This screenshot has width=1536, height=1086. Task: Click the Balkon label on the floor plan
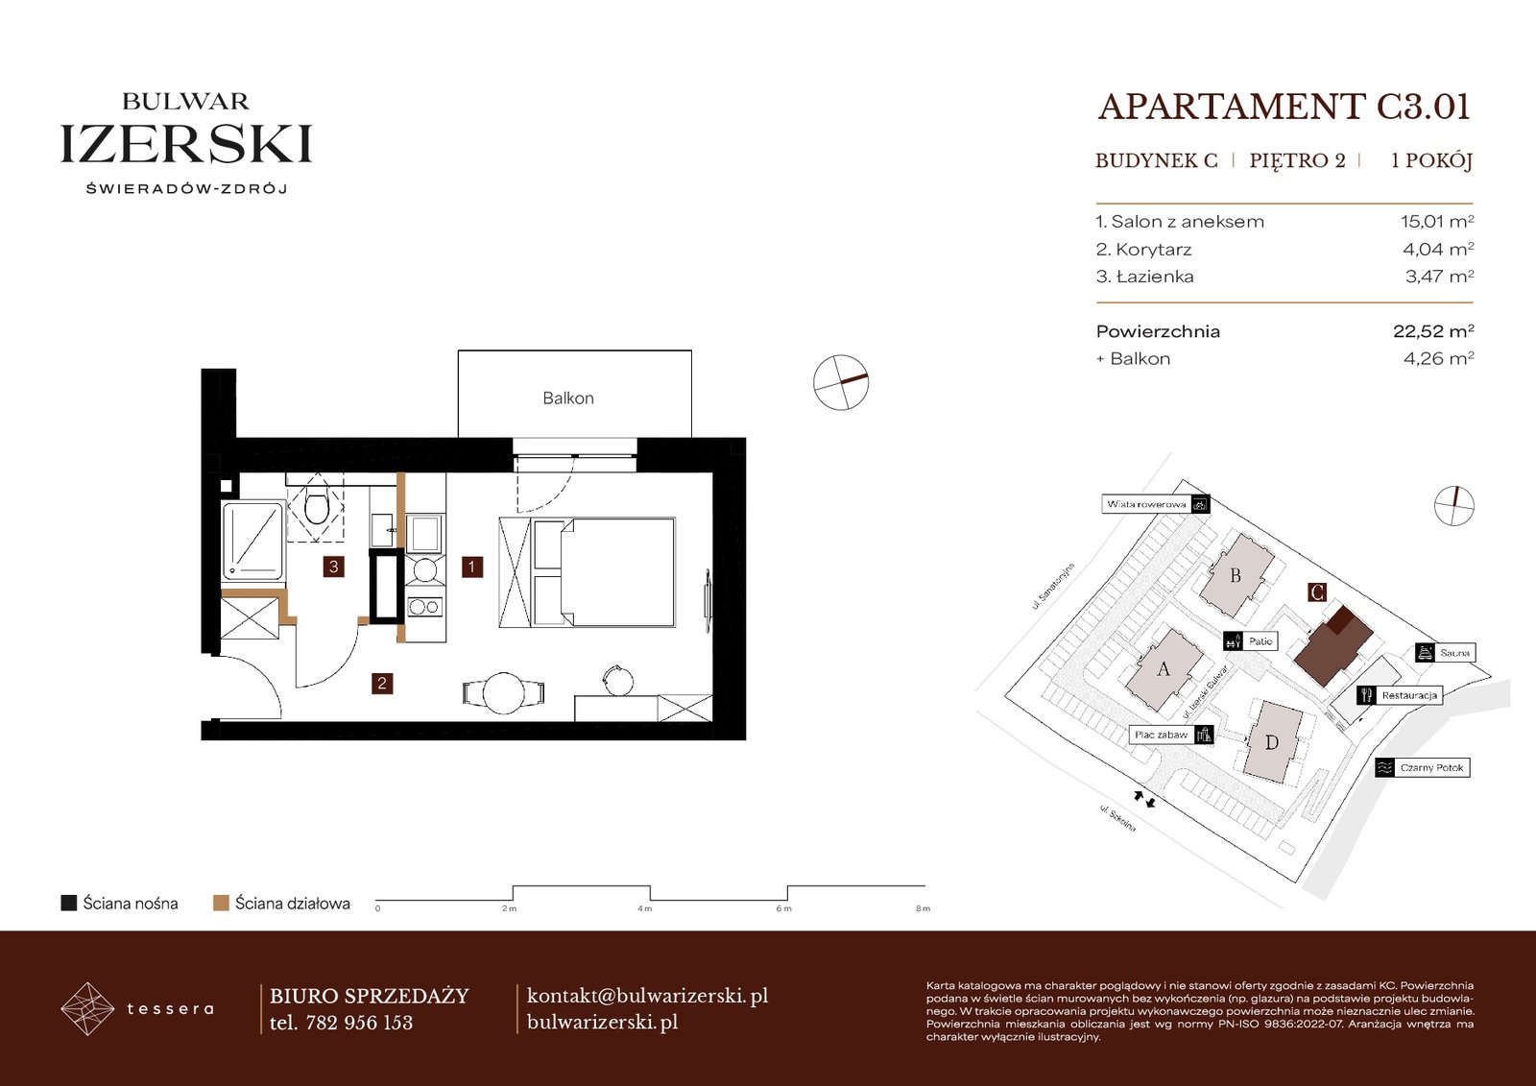click(x=567, y=398)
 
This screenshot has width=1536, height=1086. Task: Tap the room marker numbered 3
click(x=333, y=567)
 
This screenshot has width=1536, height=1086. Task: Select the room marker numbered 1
click(x=471, y=567)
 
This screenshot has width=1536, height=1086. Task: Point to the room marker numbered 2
click(x=382, y=684)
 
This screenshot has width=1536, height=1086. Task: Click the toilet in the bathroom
click(x=316, y=507)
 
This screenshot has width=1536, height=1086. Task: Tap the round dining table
click(x=504, y=693)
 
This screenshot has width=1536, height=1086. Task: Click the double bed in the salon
click(x=604, y=572)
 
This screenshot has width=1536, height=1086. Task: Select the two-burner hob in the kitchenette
click(x=425, y=607)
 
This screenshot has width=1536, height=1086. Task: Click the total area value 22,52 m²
click(x=1433, y=331)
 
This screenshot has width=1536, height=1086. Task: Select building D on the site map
click(x=1271, y=741)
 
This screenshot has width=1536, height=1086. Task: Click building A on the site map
click(x=1164, y=669)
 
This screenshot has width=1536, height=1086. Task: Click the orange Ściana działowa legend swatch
click(x=221, y=903)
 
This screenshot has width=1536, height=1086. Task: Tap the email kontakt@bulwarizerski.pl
click(x=647, y=996)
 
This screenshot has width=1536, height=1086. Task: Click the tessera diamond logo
click(x=87, y=1008)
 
